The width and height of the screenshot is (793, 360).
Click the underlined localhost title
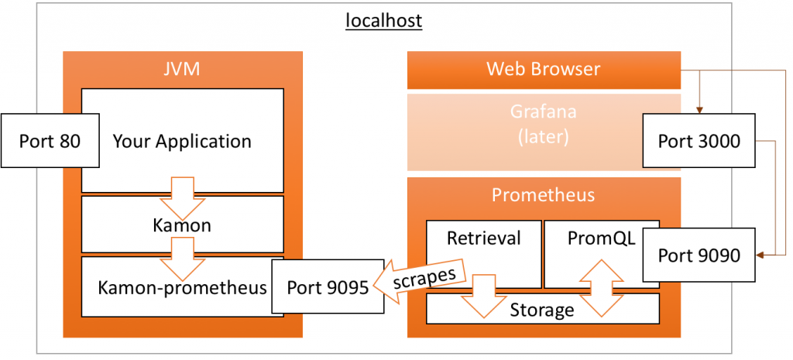[383, 20]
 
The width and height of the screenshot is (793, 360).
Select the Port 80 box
[50, 141]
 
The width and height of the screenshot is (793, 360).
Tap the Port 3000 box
[699, 141]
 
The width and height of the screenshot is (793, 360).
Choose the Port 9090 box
[699, 255]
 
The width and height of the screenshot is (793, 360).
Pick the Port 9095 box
[327, 287]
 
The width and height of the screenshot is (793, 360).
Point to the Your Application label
[182, 142]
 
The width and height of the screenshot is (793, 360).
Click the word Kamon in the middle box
[182, 226]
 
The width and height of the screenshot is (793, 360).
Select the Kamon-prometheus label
[182, 287]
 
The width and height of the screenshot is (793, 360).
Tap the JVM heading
[182, 70]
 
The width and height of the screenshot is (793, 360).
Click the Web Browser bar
[543, 70]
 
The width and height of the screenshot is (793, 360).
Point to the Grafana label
[543, 111]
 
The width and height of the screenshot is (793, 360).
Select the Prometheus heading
[543, 194]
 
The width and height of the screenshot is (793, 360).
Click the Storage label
[542, 310]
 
